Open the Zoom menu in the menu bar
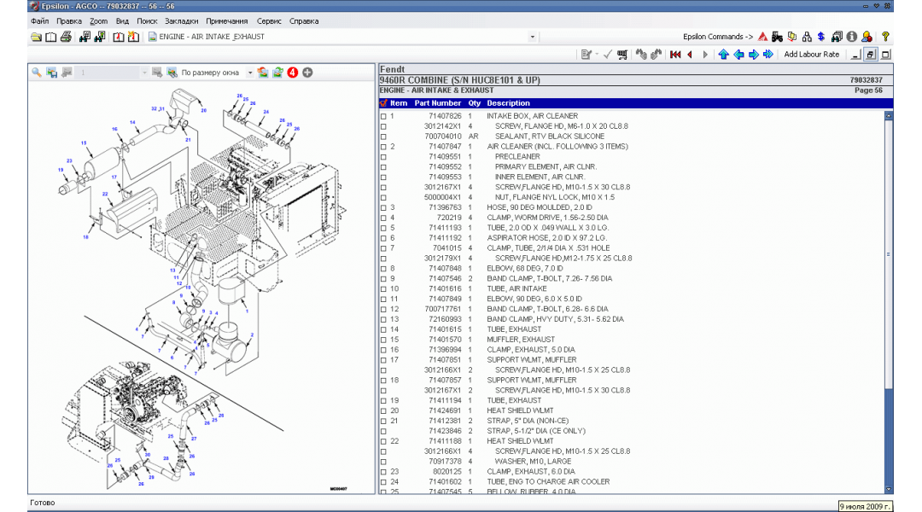98,20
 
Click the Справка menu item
304,20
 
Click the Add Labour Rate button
811,55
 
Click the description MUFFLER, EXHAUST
521,340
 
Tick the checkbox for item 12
383,309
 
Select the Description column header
509,103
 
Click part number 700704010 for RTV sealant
443,137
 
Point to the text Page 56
868,90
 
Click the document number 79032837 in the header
866,80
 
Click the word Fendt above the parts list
393,69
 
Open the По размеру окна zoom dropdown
250,73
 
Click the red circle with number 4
292,73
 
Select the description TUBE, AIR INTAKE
517,288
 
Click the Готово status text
43,503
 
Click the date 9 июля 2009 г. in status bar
865,505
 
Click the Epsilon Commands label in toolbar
717,37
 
